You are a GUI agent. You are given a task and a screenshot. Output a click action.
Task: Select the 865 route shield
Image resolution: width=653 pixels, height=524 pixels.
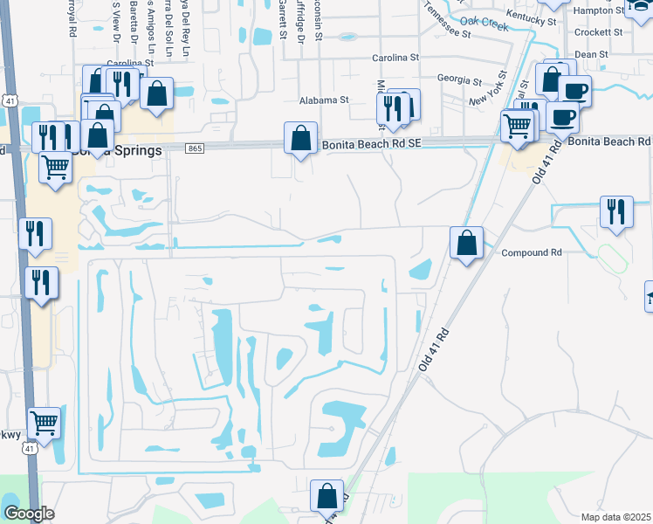[x=196, y=149]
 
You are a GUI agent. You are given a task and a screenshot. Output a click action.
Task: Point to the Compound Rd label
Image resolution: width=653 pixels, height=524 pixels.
[x=530, y=252]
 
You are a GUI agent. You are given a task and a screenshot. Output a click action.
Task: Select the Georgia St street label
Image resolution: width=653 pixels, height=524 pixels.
[x=459, y=79]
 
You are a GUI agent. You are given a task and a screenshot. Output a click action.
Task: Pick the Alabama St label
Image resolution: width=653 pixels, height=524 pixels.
[x=324, y=100]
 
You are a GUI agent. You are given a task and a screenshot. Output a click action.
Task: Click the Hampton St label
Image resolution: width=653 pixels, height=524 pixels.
[x=625, y=10]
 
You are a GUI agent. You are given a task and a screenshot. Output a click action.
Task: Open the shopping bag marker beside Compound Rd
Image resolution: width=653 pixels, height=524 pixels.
[x=467, y=242]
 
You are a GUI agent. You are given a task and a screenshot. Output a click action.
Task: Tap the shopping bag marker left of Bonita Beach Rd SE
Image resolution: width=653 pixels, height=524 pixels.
[x=300, y=138]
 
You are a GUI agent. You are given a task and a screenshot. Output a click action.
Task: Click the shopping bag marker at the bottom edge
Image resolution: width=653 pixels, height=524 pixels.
[x=326, y=495]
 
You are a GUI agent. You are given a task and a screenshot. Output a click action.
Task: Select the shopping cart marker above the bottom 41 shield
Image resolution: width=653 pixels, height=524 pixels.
[x=44, y=423]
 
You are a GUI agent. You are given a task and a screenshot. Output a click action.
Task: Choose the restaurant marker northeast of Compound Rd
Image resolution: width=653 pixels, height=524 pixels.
[x=616, y=211]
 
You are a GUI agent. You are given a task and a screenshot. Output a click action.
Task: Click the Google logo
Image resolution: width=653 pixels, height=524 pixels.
[x=29, y=514]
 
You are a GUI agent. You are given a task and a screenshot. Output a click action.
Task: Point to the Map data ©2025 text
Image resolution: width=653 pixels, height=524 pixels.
[x=616, y=517]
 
